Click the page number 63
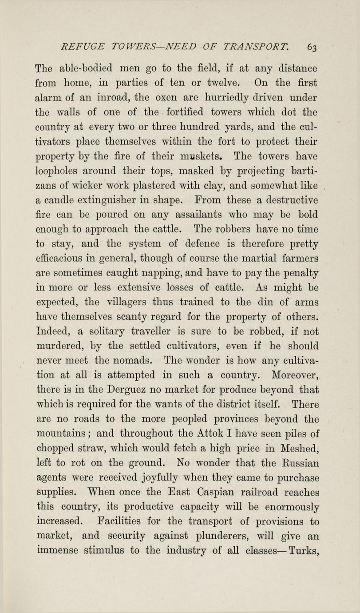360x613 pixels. click(x=311, y=47)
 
